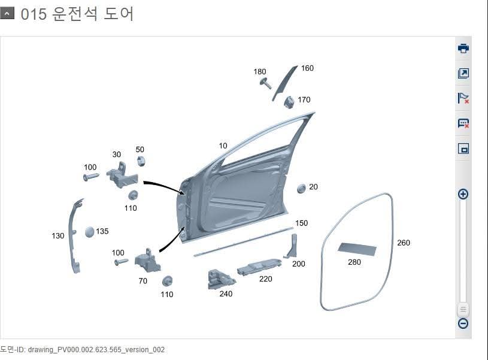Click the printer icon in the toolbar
[x=463, y=49]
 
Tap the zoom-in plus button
[x=463, y=194]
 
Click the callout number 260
[x=404, y=243]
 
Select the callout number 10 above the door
[x=223, y=146]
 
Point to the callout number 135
[x=102, y=231]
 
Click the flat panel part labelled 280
[x=357, y=249]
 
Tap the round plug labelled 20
[x=301, y=189]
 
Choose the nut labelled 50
[x=141, y=161]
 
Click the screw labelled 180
[x=265, y=83]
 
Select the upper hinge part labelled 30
[x=122, y=176]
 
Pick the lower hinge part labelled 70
[x=147, y=260]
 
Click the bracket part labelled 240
[x=220, y=279]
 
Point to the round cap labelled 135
[x=89, y=232]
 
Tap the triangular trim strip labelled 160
[x=284, y=83]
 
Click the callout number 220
[x=265, y=279]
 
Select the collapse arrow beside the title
[x=7, y=14]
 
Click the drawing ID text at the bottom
[x=82, y=349]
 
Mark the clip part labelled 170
[x=289, y=102]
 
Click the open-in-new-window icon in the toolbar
[x=463, y=73]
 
